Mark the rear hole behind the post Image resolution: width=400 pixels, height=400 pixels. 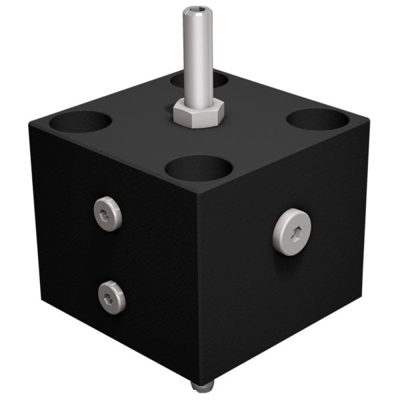(x=199, y=80)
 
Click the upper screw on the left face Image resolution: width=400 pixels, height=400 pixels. (x=108, y=213)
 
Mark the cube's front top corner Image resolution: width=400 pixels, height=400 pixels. (x=198, y=194)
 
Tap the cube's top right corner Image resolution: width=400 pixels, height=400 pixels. (x=368, y=122)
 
